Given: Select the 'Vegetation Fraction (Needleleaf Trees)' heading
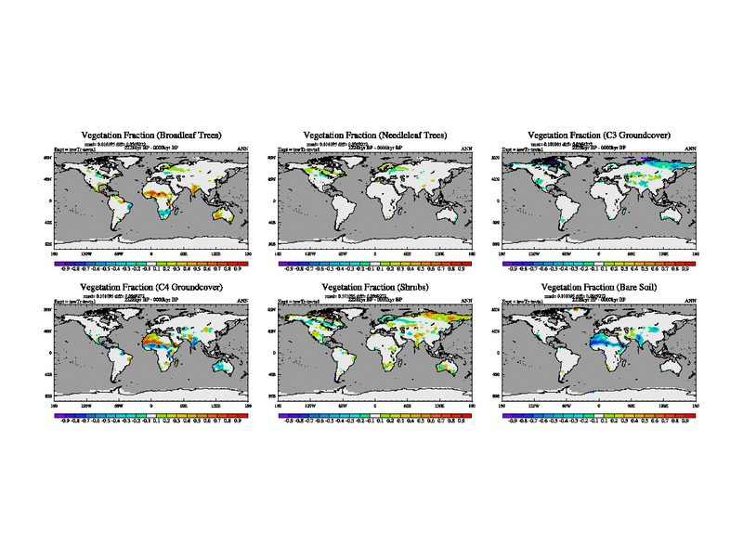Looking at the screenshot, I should [375, 136].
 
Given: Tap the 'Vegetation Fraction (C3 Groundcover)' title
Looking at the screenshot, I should [599, 136].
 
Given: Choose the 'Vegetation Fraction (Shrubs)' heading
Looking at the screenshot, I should [375, 287].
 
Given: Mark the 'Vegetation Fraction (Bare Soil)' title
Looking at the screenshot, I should [599, 287].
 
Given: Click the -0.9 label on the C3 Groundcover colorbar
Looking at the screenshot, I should [512, 269].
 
